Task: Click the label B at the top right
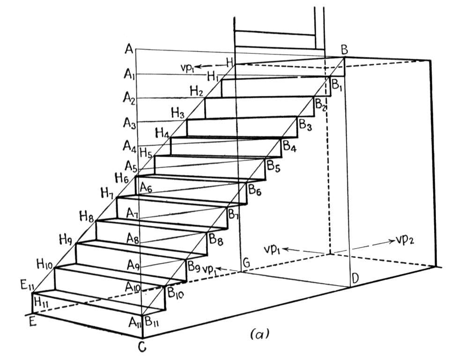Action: pos(344,50)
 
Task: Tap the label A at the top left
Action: pos(129,49)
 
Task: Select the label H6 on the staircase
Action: pos(122,179)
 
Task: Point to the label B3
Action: pos(305,125)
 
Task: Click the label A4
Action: pos(129,147)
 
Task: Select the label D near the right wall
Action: pos(355,278)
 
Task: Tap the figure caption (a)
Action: pos(260,334)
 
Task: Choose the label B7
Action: pos(234,214)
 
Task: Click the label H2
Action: pos(197,91)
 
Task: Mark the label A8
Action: pos(133,238)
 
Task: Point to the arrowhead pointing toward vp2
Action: pos(391,241)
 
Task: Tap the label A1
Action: pos(129,74)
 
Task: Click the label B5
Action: pos(273,166)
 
